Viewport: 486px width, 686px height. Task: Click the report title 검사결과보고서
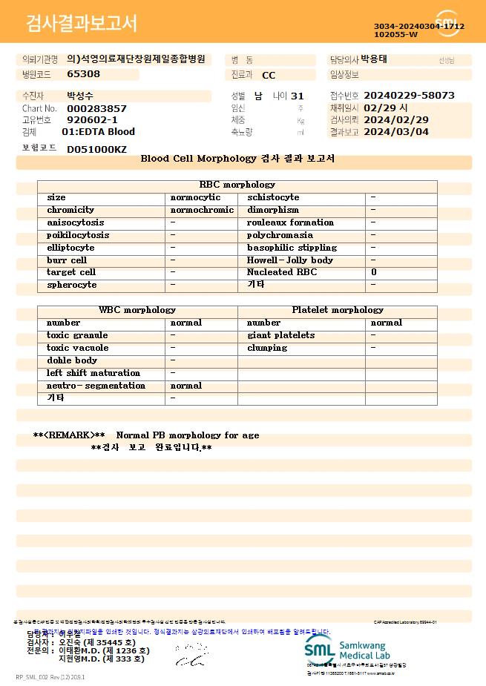click(x=82, y=24)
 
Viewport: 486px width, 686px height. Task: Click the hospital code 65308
click(x=83, y=74)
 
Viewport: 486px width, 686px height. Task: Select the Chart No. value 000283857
click(x=96, y=108)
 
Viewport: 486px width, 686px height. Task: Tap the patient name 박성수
click(x=80, y=96)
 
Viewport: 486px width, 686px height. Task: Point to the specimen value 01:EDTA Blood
click(x=98, y=132)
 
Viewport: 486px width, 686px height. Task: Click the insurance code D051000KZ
click(x=96, y=149)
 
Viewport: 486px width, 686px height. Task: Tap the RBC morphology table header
click(x=237, y=185)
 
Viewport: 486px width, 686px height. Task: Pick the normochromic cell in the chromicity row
click(x=202, y=210)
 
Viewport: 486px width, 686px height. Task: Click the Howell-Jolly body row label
click(x=289, y=260)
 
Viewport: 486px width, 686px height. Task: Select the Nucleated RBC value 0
click(x=374, y=272)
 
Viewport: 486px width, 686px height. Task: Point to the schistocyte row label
click(x=273, y=197)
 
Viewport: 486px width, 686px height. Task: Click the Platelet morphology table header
click(x=338, y=310)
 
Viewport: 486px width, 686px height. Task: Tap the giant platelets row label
click(x=280, y=335)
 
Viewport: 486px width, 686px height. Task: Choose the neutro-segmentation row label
click(x=96, y=386)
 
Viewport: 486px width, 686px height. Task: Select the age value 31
click(x=298, y=96)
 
